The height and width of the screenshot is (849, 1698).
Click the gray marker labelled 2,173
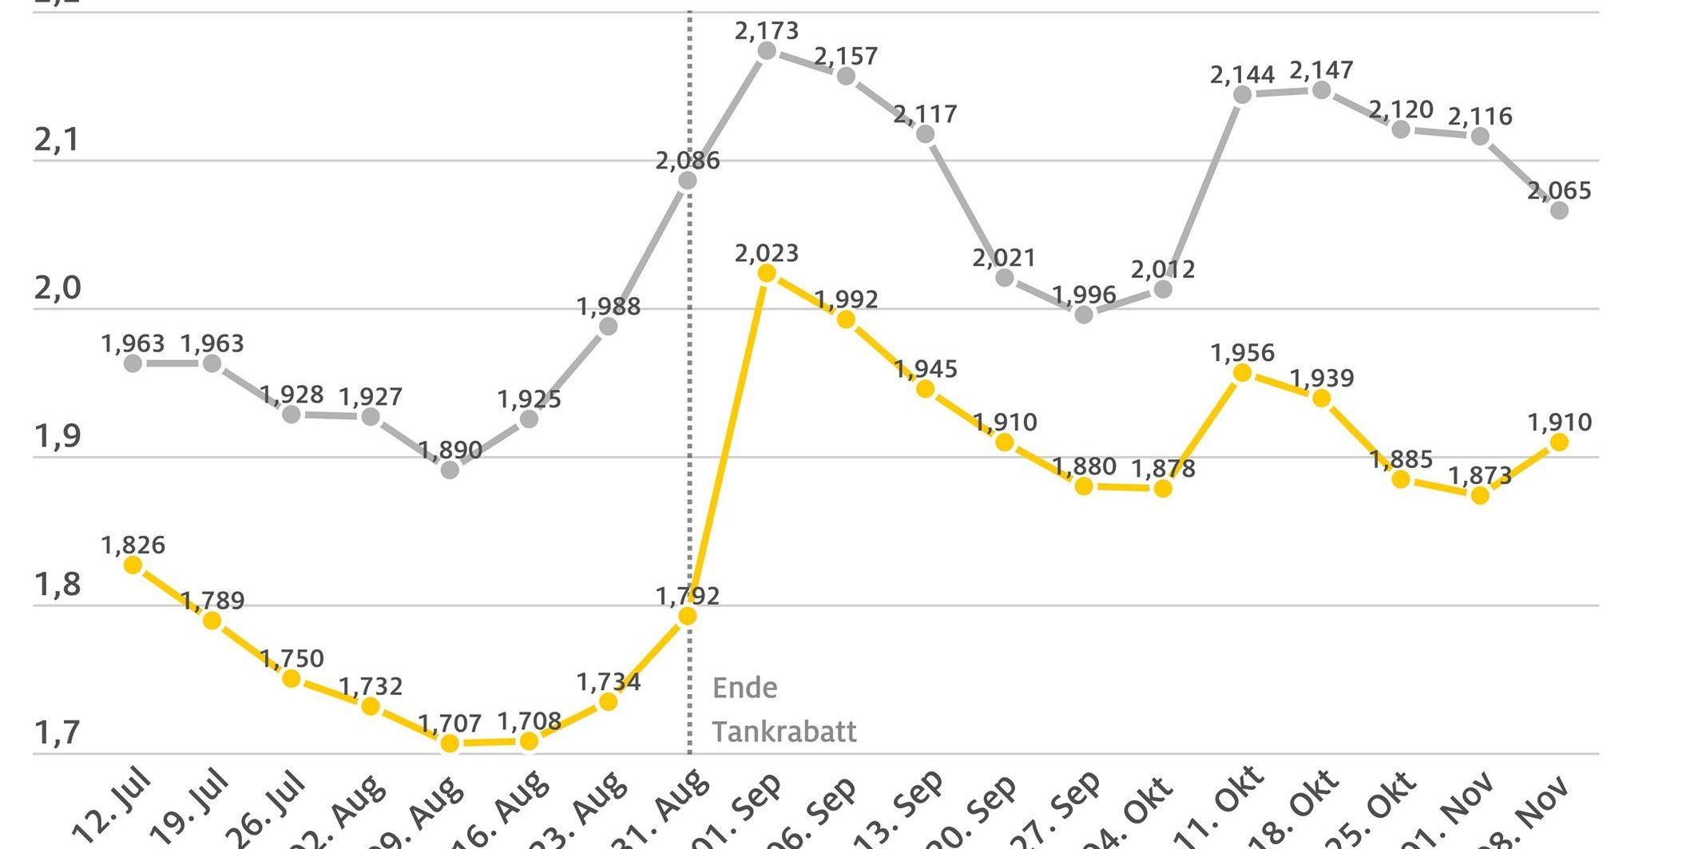point(767,51)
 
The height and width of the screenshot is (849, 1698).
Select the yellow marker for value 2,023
point(767,273)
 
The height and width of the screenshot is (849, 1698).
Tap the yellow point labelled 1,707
point(450,744)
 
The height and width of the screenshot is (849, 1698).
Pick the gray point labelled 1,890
point(450,470)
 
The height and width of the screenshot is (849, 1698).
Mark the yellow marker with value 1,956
point(1243,373)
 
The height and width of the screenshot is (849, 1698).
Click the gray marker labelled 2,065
point(1559,211)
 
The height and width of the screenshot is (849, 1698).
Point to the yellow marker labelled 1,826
point(133,565)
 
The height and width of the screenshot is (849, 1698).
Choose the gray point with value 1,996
point(1084,315)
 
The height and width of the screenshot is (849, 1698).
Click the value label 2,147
point(1321,70)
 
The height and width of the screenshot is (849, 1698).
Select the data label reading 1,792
point(688,596)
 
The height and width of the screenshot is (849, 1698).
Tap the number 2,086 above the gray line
point(688,161)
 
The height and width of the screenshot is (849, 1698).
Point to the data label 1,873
point(1480,476)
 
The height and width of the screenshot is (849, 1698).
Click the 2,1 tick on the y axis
point(58,141)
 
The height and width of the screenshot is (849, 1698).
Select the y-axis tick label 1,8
point(58,585)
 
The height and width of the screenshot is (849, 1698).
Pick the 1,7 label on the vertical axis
point(58,732)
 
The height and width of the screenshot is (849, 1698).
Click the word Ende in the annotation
point(744,688)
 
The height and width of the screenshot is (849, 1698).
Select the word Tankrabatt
point(784,732)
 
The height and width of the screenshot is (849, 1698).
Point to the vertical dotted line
point(690,399)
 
